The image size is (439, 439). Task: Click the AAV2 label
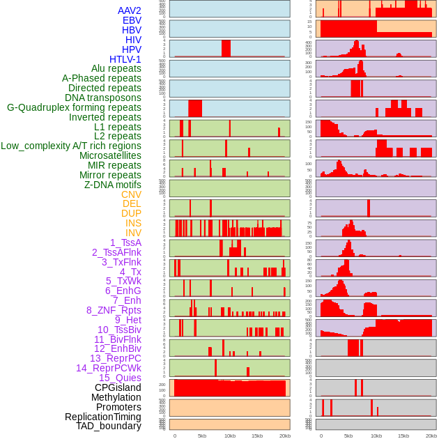coord(130,11)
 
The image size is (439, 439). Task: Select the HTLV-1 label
coord(125,59)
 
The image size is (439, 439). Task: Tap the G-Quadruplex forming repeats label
coord(74,107)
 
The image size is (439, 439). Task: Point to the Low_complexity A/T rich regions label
coord(71,146)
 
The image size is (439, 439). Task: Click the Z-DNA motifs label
coord(113,185)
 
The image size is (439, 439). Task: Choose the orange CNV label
coord(131,194)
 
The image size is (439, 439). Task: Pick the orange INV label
coord(133,233)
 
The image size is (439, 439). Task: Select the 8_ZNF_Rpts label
coord(114,310)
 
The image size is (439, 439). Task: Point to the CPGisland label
coord(118,387)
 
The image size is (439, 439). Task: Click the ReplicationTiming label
coord(102,417)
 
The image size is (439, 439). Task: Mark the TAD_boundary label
coord(109,426)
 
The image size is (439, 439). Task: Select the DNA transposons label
coord(103,98)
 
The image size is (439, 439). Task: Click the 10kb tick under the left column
coord(229,436)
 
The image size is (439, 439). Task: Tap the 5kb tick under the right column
coord(348,436)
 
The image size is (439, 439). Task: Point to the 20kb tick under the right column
coord(431,436)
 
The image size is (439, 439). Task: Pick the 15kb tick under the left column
coord(257,436)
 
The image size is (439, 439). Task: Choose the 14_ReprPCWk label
coord(109,368)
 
